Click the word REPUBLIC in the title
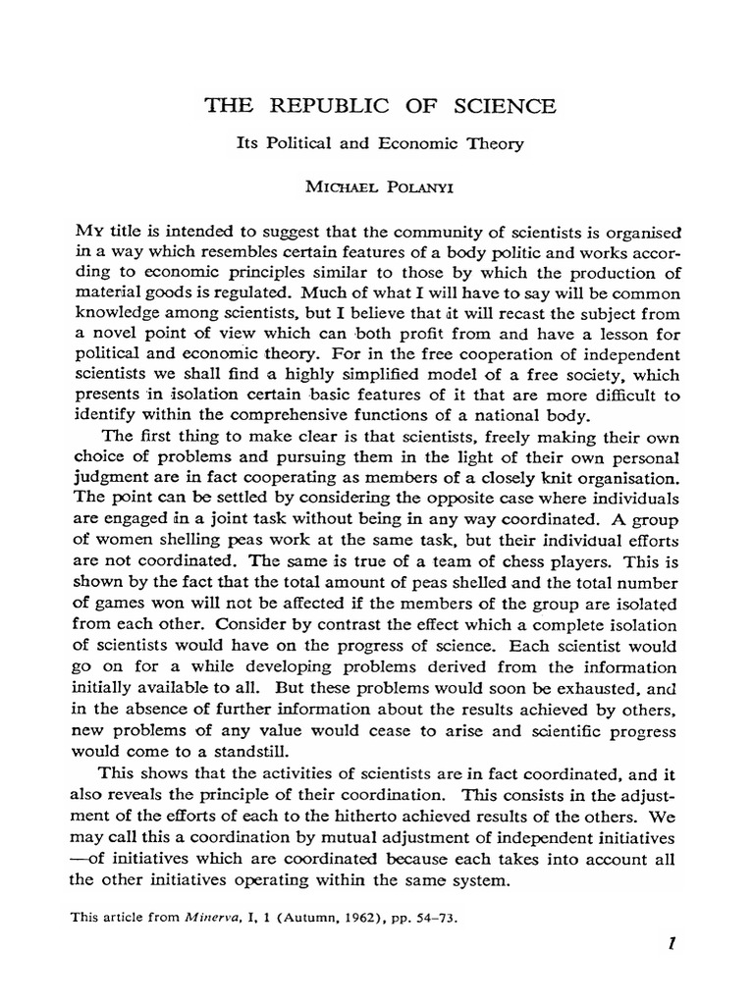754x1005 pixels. click(314, 106)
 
